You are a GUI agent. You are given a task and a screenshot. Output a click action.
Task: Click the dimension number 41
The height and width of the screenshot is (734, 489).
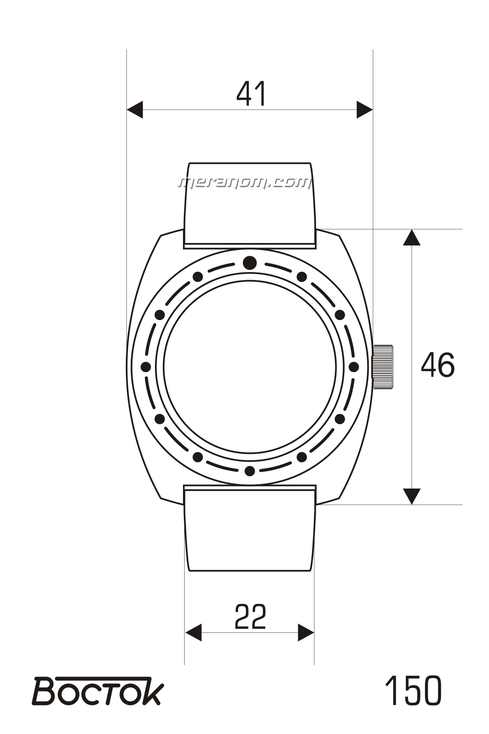point(251,94)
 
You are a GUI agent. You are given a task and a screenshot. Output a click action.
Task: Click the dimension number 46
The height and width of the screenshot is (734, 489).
point(437,365)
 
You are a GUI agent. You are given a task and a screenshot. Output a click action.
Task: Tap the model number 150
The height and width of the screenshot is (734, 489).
point(413,690)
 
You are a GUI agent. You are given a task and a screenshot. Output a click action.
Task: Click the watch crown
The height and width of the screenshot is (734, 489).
point(383,367)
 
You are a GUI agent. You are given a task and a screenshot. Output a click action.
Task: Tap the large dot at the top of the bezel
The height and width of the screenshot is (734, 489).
point(250,263)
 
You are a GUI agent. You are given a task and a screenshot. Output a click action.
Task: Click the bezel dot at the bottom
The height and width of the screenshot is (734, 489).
point(250,471)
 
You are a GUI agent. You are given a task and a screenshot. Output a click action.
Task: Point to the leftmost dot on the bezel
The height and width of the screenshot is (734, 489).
point(145,367)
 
